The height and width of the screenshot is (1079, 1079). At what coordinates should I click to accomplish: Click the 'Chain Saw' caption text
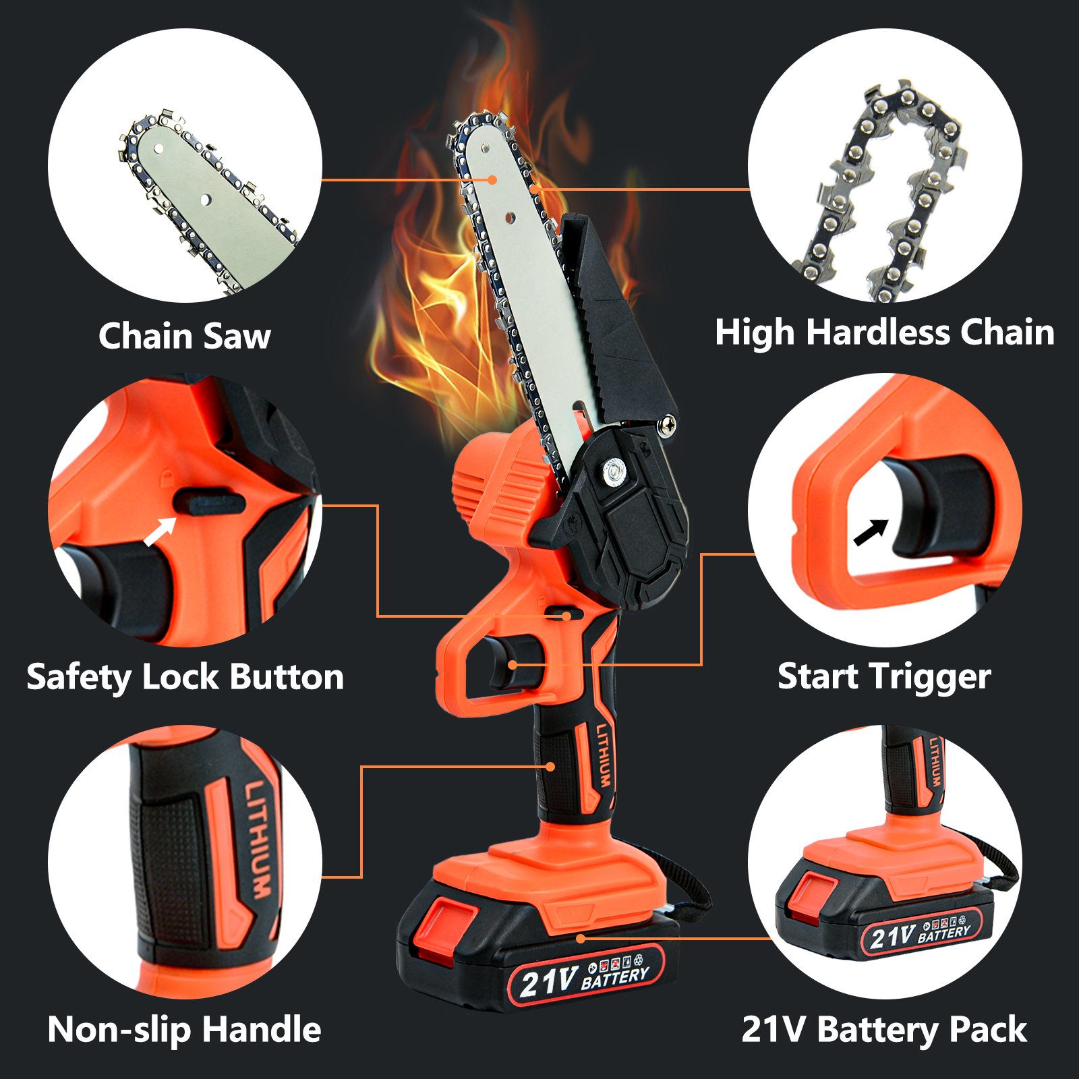pyautogui.click(x=185, y=336)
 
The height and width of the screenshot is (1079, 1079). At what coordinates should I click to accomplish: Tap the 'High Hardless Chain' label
pyautogui.click(x=885, y=333)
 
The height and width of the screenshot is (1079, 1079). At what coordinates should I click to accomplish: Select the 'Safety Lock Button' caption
pyautogui.click(x=185, y=677)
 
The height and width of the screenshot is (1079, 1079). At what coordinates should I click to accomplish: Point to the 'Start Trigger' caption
pyautogui.click(x=884, y=677)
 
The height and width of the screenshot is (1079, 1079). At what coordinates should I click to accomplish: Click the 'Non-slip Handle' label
pyautogui.click(x=185, y=1030)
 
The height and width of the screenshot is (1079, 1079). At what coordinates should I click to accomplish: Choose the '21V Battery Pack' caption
pyautogui.click(x=884, y=1030)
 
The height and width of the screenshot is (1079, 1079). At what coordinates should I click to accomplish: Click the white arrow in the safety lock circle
pyautogui.click(x=160, y=531)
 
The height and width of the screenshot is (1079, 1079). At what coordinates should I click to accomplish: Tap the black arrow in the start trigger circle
pyautogui.click(x=871, y=532)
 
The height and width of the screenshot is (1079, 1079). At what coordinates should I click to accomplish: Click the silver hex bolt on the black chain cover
pyautogui.click(x=613, y=470)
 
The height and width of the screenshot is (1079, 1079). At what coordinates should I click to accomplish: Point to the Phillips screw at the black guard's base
pyautogui.click(x=668, y=425)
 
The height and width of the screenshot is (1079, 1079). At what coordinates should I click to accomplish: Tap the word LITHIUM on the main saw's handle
pyautogui.click(x=604, y=755)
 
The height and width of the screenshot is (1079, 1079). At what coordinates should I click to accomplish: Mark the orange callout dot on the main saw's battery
pyautogui.click(x=581, y=938)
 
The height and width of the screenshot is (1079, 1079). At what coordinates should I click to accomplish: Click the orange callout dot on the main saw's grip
pyautogui.click(x=551, y=767)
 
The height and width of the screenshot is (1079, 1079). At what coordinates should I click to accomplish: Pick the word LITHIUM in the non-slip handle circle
pyautogui.click(x=258, y=839)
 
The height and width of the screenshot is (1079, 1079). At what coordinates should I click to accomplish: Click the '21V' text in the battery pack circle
pyautogui.click(x=892, y=936)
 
